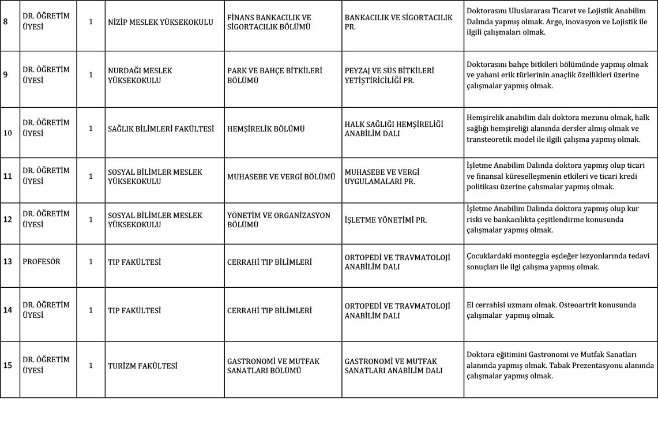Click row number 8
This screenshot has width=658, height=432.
click(6, 22)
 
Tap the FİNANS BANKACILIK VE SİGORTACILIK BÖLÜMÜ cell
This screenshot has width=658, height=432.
click(269, 22)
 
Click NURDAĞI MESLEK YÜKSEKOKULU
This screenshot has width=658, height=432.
click(140, 76)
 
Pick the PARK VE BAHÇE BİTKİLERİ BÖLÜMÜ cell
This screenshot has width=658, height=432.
click(275, 76)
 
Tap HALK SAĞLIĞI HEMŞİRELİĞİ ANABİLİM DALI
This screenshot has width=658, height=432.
click(394, 129)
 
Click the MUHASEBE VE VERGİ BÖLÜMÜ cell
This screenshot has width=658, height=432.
click(281, 176)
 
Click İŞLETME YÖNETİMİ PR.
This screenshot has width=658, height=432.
click(385, 220)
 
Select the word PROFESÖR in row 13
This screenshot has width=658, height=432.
click(42, 262)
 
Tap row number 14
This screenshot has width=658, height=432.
click(7, 310)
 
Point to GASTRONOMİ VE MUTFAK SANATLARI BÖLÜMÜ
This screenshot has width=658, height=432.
click(273, 366)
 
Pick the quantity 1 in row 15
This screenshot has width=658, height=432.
click(91, 366)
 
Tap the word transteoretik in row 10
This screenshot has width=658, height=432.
click(490, 139)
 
